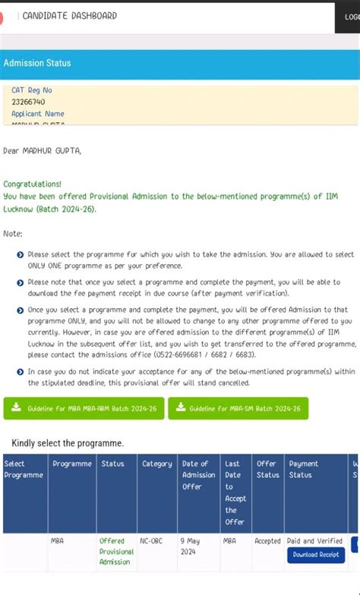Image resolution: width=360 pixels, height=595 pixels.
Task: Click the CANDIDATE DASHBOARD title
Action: (x=69, y=16)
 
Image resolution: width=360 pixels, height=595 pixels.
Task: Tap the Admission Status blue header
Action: (x=37, y=63)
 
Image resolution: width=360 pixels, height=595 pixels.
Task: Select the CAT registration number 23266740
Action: (x=28, y=102)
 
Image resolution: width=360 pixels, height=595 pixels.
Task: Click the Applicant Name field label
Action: (x=38, y=114)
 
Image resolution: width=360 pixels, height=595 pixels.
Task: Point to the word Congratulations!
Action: (x=33, y=184)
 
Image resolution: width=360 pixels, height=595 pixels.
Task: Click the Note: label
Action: (x=13, y=234)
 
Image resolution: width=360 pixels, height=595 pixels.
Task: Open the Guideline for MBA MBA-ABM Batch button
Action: (x=84, y=408)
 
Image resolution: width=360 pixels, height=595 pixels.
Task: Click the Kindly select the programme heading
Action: (x=68, y=443)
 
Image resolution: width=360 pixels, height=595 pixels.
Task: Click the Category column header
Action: (x=157, y=464)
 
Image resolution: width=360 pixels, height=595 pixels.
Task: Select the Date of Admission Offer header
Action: (x=199, y=475)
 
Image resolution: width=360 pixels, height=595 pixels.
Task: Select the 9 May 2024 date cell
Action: (x=190, y=546)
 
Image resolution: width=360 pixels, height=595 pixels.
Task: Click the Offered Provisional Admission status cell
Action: (x=116, y=551)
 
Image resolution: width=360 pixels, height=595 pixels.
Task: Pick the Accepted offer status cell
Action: (x=267, y=541)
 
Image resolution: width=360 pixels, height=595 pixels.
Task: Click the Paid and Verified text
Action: (x=315, y=541)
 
